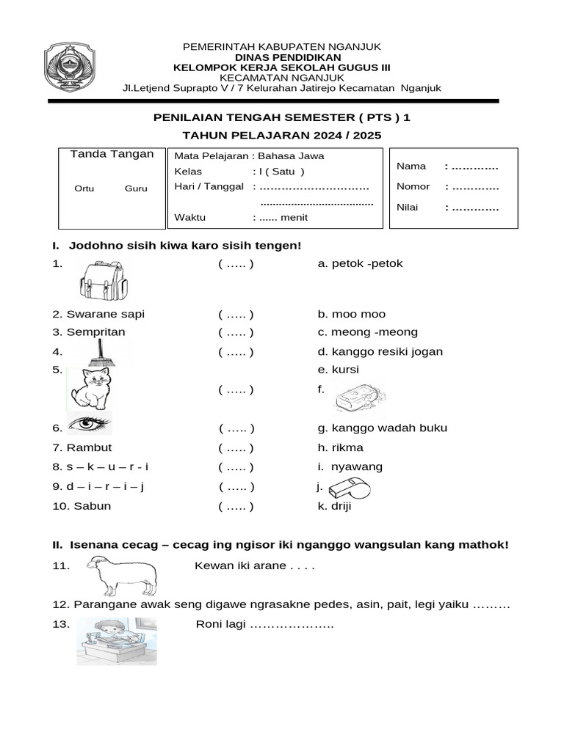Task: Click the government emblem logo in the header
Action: (x=80, y=67)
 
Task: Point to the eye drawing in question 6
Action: (x=89, y=424)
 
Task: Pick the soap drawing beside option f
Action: (x=358, y=398)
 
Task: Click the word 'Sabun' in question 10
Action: (x=92, y=506)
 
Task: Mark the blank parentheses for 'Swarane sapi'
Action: (x=236, y=314)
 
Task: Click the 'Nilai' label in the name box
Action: (x=408, y=208)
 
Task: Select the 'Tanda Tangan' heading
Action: (x=112, y=154)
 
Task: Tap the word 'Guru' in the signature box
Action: (x=136, y=188)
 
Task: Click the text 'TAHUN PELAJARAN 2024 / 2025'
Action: (x=282, y=136)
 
